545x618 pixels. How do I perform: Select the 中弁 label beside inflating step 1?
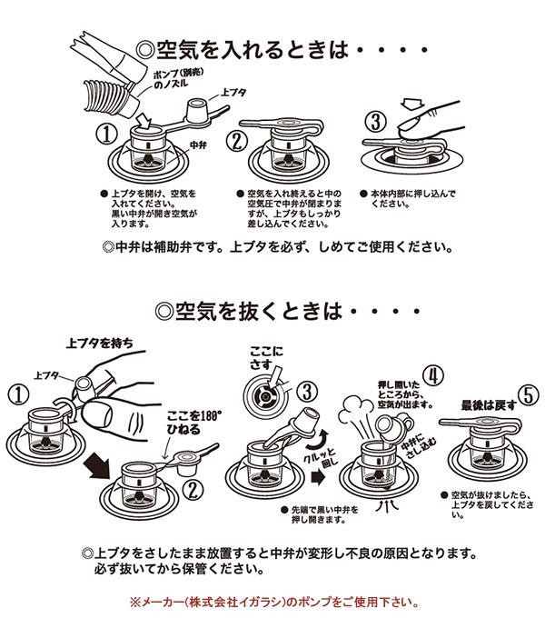coord(198,145)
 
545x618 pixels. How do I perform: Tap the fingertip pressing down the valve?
coord(406,119)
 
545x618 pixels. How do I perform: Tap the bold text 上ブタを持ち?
coord(100,344)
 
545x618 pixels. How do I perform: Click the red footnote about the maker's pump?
coord(272,602)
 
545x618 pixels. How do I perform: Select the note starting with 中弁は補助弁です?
coord(278,246)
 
